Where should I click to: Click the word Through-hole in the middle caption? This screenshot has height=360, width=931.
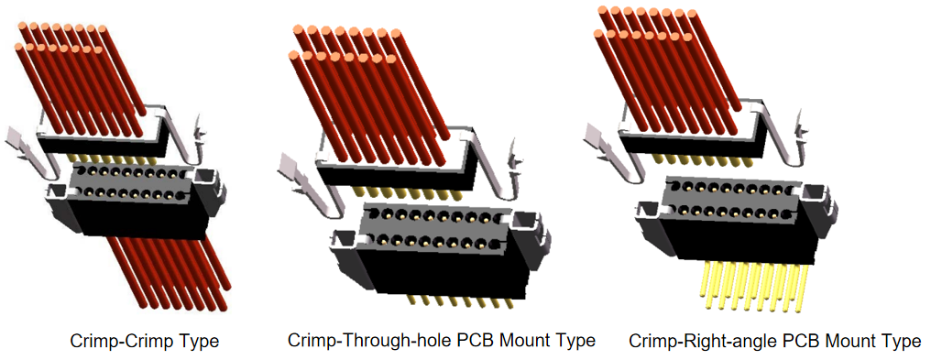pos(397,341)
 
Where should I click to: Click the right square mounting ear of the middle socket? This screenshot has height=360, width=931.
pos(522,224)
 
